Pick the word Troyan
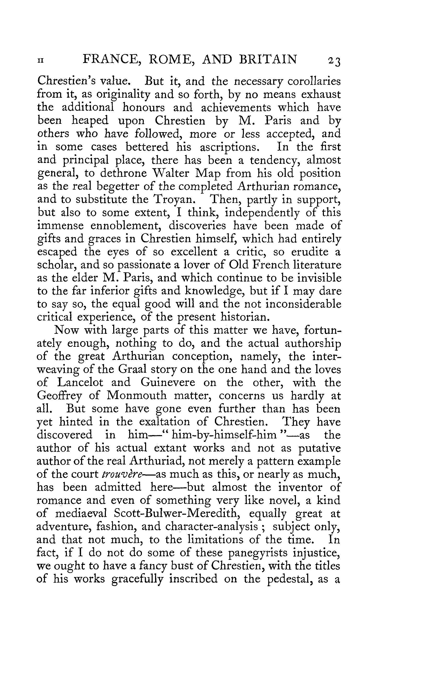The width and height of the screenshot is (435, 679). click(x=174, y=200)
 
